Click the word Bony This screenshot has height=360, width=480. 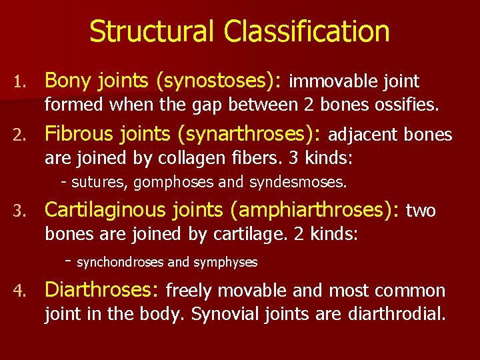pos(69,81)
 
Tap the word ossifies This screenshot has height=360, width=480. pos(406,105)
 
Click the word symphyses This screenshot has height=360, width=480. pos(225,263)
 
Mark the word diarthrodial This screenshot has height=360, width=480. pos(397,314)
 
